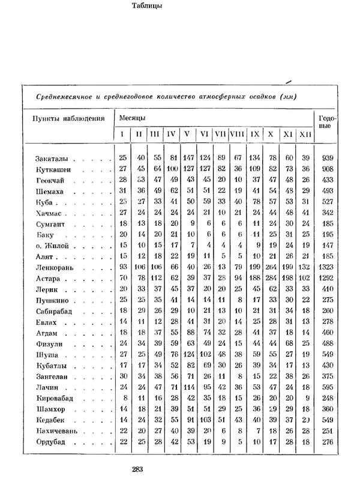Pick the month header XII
[x=307, y=134]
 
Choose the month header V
[x=187, y=134]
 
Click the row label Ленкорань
[x=54, y=267]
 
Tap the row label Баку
[x=45, y=234]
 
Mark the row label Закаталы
[x=52, y=159]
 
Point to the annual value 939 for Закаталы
[x=327, y=159]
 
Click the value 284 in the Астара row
[x=272, y=278]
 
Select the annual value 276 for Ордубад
[x=327, y=443]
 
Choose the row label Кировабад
[x=56, y=399]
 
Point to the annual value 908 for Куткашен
[x=327, y=169]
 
